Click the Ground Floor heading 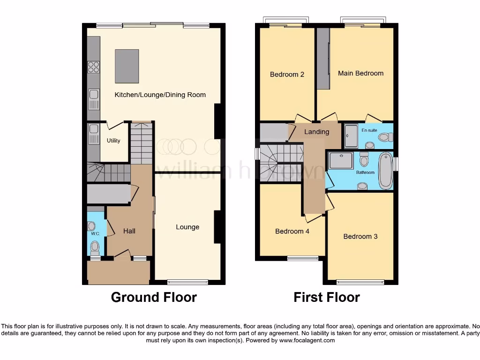point(154,297)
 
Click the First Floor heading point(327,297)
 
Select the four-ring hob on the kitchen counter point(94,67)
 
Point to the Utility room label point(113,141)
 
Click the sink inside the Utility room point(93,129)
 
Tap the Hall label point(129,231)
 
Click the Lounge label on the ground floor point(187,227)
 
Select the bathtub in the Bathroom point(385,171)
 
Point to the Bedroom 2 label point(287,75)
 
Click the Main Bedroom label point(360,73)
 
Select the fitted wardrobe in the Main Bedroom point(323,58)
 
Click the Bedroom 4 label point(292,232)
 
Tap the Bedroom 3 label point(360,237)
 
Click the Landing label point(316,132)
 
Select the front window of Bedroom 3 point(360,282)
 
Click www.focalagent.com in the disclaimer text point(307,341)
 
